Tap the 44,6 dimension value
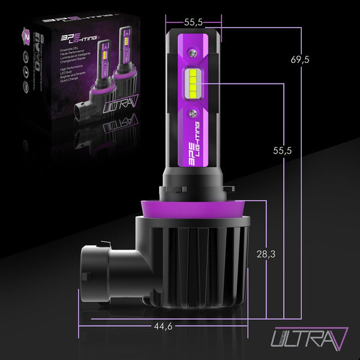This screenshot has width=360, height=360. point(163,326)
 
